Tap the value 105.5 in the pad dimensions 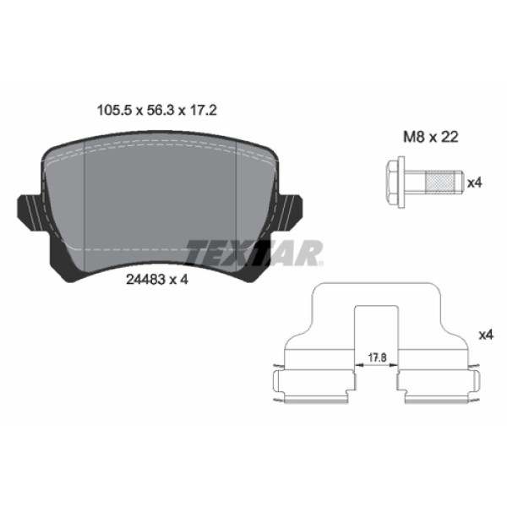107,111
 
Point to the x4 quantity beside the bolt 475,182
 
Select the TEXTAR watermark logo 253,252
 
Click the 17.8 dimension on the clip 376,358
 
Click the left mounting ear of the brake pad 28,209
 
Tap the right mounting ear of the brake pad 291,209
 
